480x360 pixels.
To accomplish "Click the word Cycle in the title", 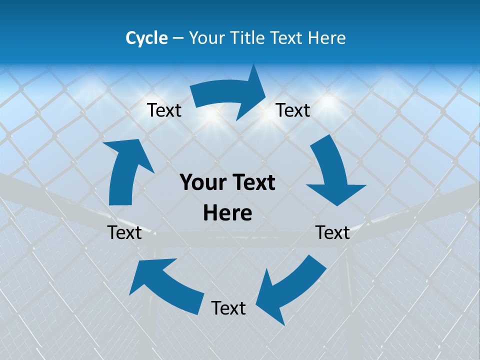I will point(146,38).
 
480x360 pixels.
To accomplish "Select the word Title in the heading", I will point(248,38).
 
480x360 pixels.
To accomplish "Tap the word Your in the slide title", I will point(206,38).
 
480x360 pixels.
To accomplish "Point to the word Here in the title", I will point(327,38).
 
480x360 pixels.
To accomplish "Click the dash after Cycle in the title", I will point(177,38).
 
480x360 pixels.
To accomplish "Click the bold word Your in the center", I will point(202,183).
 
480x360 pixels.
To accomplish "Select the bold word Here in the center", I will point(227,213).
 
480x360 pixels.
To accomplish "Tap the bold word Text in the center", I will point(252,183).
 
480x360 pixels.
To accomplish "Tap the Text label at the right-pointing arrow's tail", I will point(164,110).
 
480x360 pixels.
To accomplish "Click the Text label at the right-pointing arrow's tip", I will point(293,110).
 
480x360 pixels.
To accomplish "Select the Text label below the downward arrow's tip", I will point(332,232).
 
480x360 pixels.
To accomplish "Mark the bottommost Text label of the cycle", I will point(228,308).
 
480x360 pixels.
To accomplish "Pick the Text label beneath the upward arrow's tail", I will point(124,232).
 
